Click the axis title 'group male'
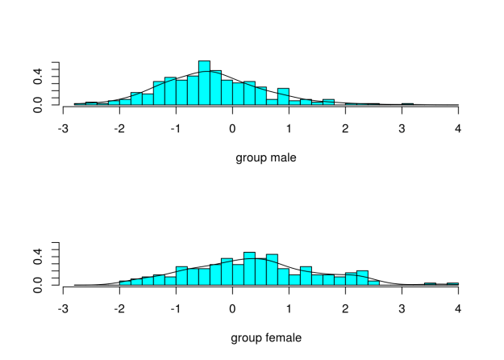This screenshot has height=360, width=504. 265,157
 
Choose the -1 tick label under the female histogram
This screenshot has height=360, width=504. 175,309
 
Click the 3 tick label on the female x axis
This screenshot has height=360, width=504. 402,309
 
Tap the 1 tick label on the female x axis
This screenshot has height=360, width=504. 289,309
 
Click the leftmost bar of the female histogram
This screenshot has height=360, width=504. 125,283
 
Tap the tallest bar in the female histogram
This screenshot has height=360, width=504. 249,269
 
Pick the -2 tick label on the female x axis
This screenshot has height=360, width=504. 119,309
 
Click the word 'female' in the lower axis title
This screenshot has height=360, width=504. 283,337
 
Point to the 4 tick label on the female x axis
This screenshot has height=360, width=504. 458,309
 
